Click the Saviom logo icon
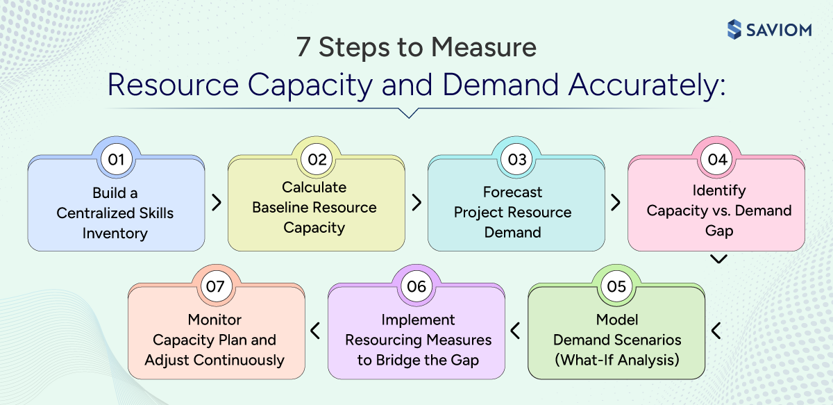pyautogui.click(x=735, y=29)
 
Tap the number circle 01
pyautogui.click(x=116, y=159)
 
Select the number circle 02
pyautogui.click(x=317, y=159)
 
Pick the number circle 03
pyautogui.click(x=516, y=159)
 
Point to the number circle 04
pyautogui.click(x=717, y=159)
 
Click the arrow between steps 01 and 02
pyautogui.click(x=217, y=202)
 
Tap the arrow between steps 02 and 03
pyautogui.click(x=416, y=202)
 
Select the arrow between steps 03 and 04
pyautogui.click(x=616, y=202)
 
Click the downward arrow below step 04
pyautogui.click(x=719, y=259)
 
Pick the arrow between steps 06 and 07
pyautogui.click(x=316, y=331)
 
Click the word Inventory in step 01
pyautogui.click(x=115, y=233)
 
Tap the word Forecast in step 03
pyautogui.click(x=512, y=192)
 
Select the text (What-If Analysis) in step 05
pyautogui.click(x=616, y=360)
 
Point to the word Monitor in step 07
pyautogui.click(x=214, y=320)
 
